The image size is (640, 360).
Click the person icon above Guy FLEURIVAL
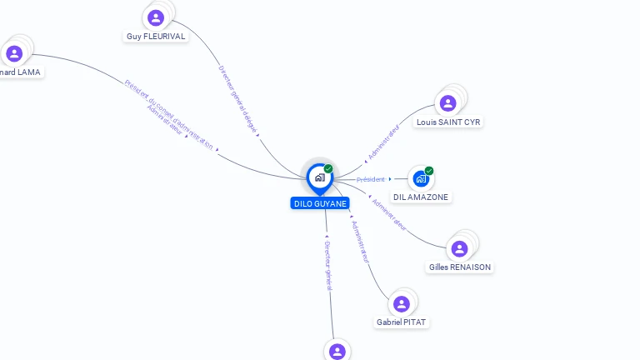coord(155,17)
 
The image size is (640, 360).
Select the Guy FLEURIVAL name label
coord(155,37)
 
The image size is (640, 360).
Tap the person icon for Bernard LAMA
coord(14,54)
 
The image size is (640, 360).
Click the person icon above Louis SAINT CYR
coord(447,103)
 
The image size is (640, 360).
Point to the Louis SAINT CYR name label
coord(448,122)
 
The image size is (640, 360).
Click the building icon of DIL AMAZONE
coord(421,178)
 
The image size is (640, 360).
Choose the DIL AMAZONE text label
coord(421,197)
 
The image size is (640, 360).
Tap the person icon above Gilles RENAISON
coord(459,248)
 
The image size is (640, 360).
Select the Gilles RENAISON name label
coord(460,267)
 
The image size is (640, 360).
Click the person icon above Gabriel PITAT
coord(402,303)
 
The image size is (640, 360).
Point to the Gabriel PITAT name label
coord(402,322)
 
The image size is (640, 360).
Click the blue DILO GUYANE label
coord(320,203)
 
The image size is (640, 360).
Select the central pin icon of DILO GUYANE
coord(319,177)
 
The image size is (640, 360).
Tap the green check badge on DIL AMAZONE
coord(429,171)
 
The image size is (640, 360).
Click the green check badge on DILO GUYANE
coord(328,169)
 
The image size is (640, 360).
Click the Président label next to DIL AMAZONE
coord(371,179)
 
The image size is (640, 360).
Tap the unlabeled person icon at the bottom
coord(337,352)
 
